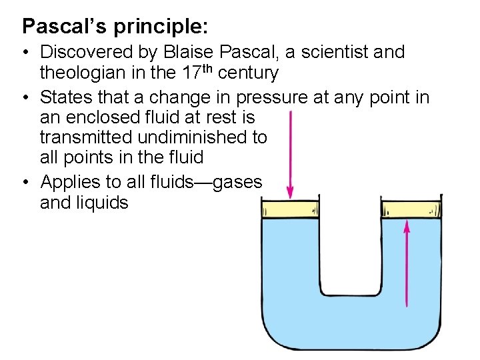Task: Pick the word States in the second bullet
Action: (66, 97)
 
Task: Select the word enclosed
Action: (111, 118)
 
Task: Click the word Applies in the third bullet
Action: (70, 181)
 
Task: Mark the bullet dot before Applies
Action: (26, 181)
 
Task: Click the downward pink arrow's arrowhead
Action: (290, 193)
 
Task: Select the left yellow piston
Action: (291, 210)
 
